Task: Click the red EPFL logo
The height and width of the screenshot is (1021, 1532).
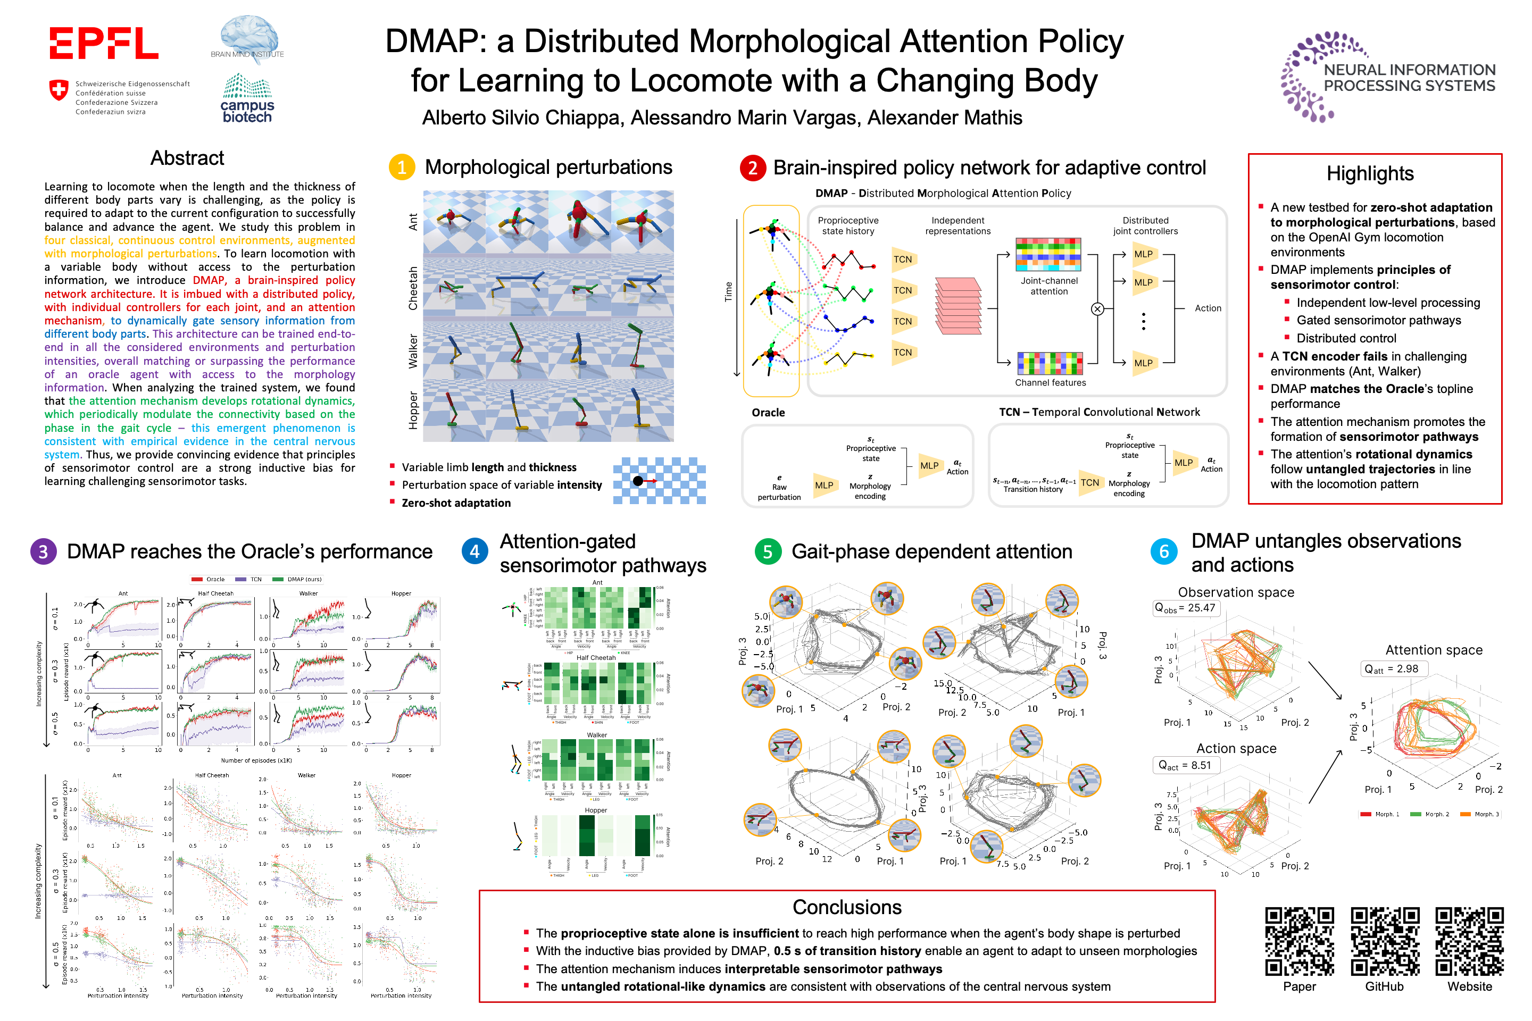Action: (x=104, y=43)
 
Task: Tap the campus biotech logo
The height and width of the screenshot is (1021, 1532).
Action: (x=247, y=99)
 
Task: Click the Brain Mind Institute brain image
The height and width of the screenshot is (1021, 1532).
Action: (x=249, y=36)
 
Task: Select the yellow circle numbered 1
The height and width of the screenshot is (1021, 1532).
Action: (x=402, y=168)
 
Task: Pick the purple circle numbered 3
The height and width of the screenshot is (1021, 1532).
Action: (x=43, y=551)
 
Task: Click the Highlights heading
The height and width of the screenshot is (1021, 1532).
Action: (x=1370, y=174)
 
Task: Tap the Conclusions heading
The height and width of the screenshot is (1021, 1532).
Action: (x=847, y=907)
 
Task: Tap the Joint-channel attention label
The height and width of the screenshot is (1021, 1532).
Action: (x=1048, y=286)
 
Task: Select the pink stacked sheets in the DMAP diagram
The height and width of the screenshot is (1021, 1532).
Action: (x=958, y=306)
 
